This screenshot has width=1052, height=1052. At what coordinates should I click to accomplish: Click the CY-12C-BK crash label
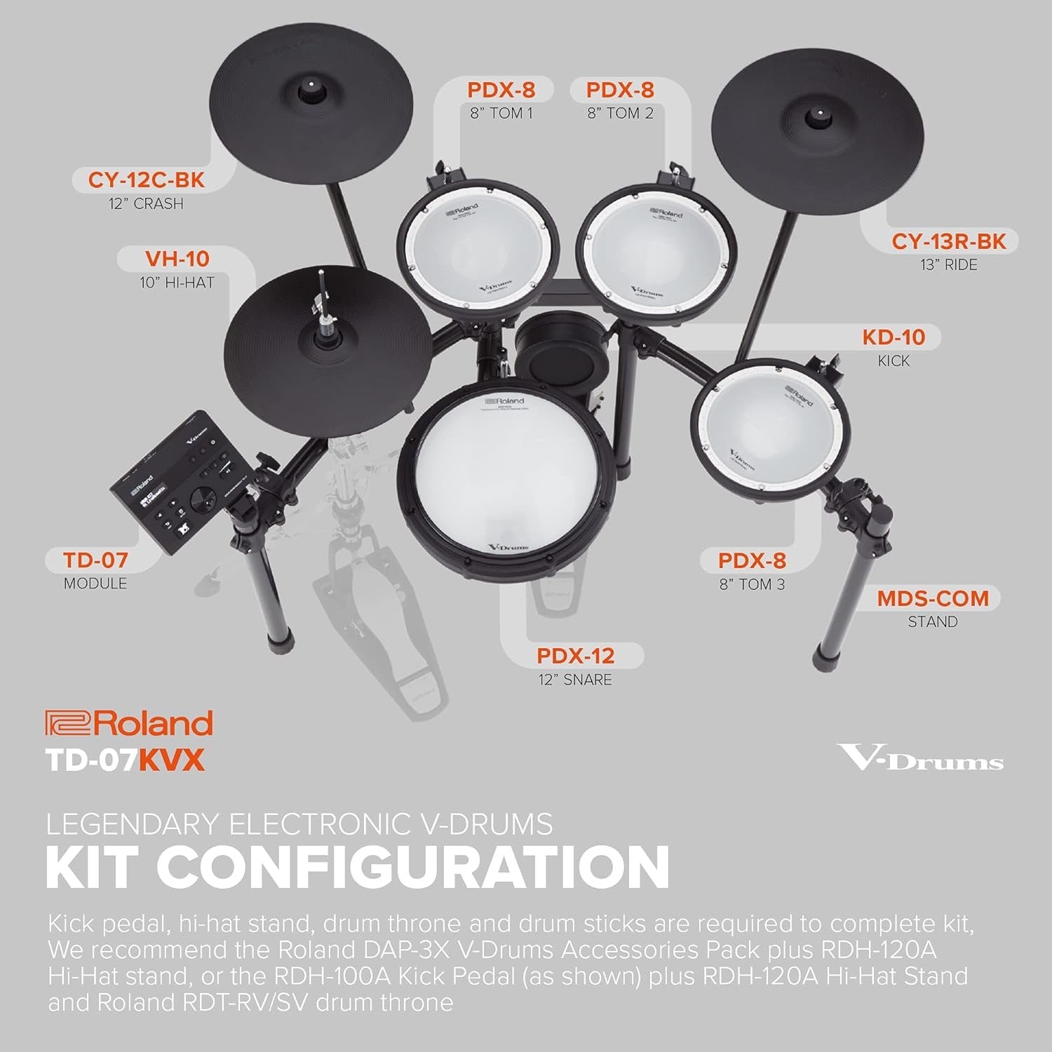click(146, 181)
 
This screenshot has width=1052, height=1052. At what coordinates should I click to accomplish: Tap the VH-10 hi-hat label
click(177, 259)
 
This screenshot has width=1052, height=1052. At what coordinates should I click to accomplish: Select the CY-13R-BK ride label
click(948, 242)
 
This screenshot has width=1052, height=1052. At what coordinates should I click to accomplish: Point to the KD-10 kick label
click(893, 337)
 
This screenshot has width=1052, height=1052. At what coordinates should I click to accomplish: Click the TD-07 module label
click(95, 560)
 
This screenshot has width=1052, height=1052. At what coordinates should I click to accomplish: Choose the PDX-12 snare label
click(575, 656)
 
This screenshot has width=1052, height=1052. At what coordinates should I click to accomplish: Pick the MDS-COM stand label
click(932, 599)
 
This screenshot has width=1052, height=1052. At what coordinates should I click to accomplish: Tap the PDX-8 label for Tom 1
click(501, 90)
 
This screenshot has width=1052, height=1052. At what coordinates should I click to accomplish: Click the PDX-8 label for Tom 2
click(620, 90)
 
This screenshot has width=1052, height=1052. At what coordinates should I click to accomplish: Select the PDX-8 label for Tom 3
click(752, 561)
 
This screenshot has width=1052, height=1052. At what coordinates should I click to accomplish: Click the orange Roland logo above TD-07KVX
click(129, 723)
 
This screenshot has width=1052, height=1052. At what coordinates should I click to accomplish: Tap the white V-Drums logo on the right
click(921, 758)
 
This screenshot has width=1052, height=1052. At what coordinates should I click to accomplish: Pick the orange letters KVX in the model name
click(173, 761)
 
